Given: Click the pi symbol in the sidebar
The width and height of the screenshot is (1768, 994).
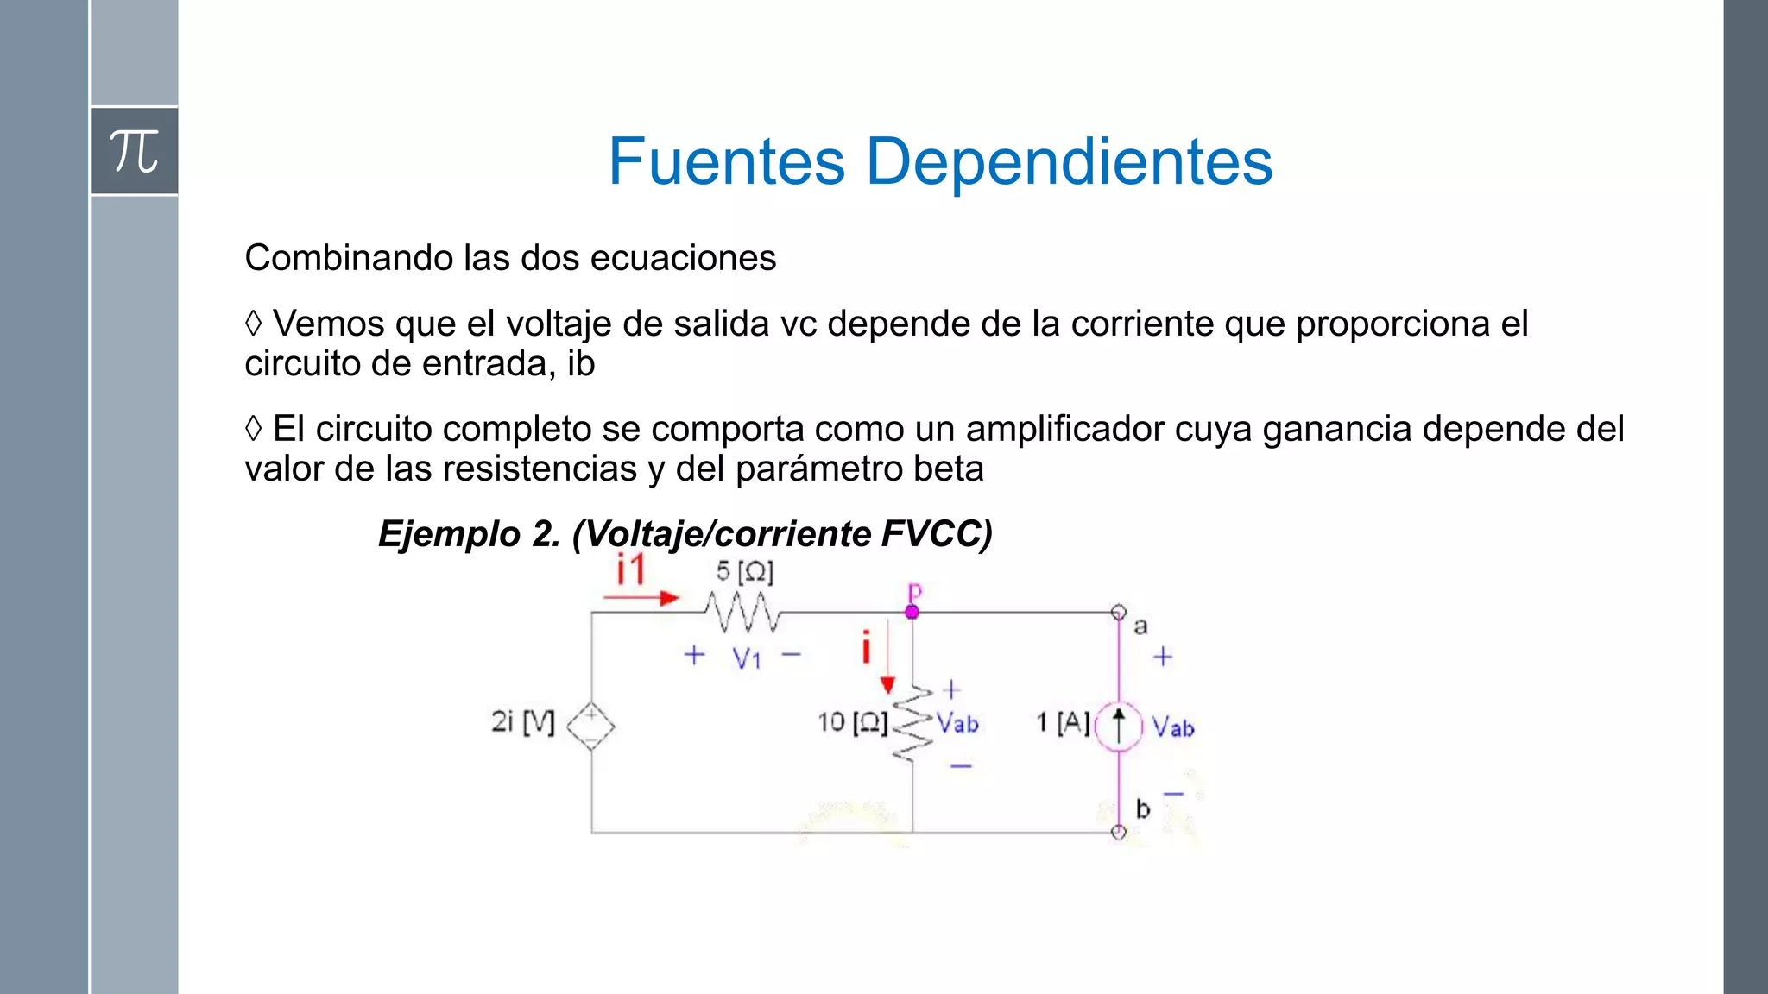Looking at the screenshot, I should click(134, 151).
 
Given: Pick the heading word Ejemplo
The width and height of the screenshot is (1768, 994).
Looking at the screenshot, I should click(448, 534).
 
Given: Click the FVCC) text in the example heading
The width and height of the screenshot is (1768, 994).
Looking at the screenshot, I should click(937, 534).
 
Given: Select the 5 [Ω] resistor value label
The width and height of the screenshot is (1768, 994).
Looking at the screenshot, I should click(744, 571).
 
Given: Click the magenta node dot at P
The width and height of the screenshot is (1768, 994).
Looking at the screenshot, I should click(912, 612).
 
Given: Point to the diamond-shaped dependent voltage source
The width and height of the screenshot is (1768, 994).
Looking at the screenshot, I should click(590, 726).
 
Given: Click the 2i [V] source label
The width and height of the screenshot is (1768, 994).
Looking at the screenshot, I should click(522, 721).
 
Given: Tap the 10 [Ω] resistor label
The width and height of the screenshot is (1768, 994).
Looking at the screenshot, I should click(852, 722).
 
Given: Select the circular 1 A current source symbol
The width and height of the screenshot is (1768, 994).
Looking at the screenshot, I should click(1119, 727).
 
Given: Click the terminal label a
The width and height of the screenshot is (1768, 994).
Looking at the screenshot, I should click(1140, 626).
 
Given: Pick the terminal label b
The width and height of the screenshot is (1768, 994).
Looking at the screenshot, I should click(1142, 809).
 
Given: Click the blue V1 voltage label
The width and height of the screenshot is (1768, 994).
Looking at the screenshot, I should click(746, 659).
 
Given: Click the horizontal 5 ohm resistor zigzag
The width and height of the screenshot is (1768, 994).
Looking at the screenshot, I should click(742, 612).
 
